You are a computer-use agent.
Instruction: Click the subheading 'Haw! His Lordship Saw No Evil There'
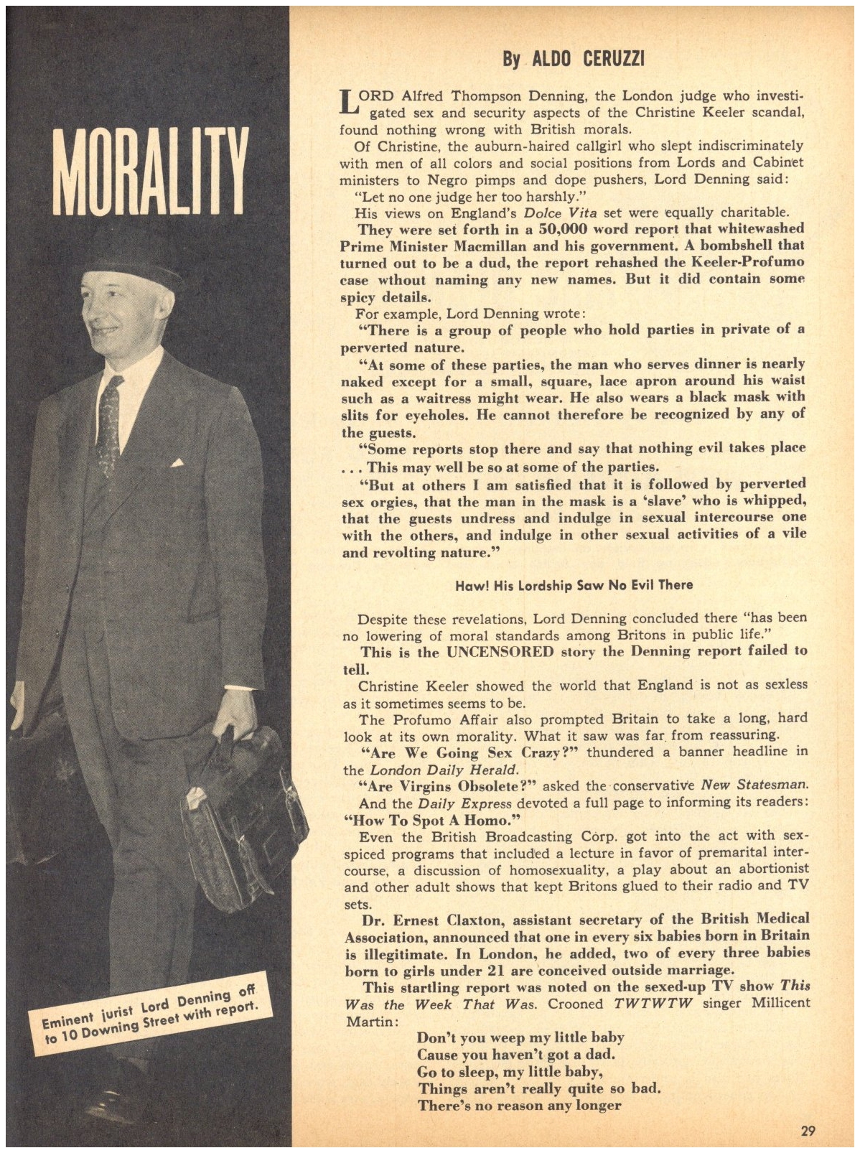[574, 584]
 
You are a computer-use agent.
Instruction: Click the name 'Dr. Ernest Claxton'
[421, 918]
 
